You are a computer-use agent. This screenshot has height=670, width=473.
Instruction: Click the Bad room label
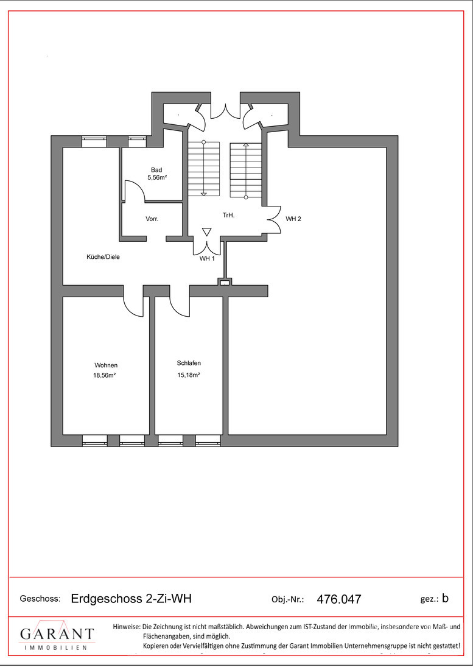156,170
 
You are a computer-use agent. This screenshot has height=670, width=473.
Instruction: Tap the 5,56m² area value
156,177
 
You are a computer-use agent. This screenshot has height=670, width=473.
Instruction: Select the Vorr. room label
152,219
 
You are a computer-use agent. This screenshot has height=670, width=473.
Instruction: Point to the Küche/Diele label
103,257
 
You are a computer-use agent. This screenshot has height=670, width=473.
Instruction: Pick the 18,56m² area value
104,376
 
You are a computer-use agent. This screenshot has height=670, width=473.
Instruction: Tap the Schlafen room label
189,363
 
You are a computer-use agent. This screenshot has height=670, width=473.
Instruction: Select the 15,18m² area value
189,375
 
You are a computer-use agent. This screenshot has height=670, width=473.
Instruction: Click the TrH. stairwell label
228,216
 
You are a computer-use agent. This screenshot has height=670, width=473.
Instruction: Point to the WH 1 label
208,258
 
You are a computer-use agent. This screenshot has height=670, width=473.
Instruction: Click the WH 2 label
293,219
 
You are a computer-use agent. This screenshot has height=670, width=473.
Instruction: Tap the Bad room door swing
133,191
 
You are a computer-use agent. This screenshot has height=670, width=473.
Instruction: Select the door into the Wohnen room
133,301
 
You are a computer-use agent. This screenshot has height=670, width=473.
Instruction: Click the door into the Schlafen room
180,302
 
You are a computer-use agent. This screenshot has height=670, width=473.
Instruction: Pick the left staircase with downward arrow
203,167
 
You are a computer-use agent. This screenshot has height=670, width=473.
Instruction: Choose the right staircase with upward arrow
245,171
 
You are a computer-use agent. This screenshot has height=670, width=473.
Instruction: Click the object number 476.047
339,599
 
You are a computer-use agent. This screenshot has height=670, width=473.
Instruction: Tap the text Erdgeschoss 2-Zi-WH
131,599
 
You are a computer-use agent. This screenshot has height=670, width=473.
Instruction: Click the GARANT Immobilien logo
57,638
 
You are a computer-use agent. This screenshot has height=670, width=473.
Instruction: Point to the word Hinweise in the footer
126,626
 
